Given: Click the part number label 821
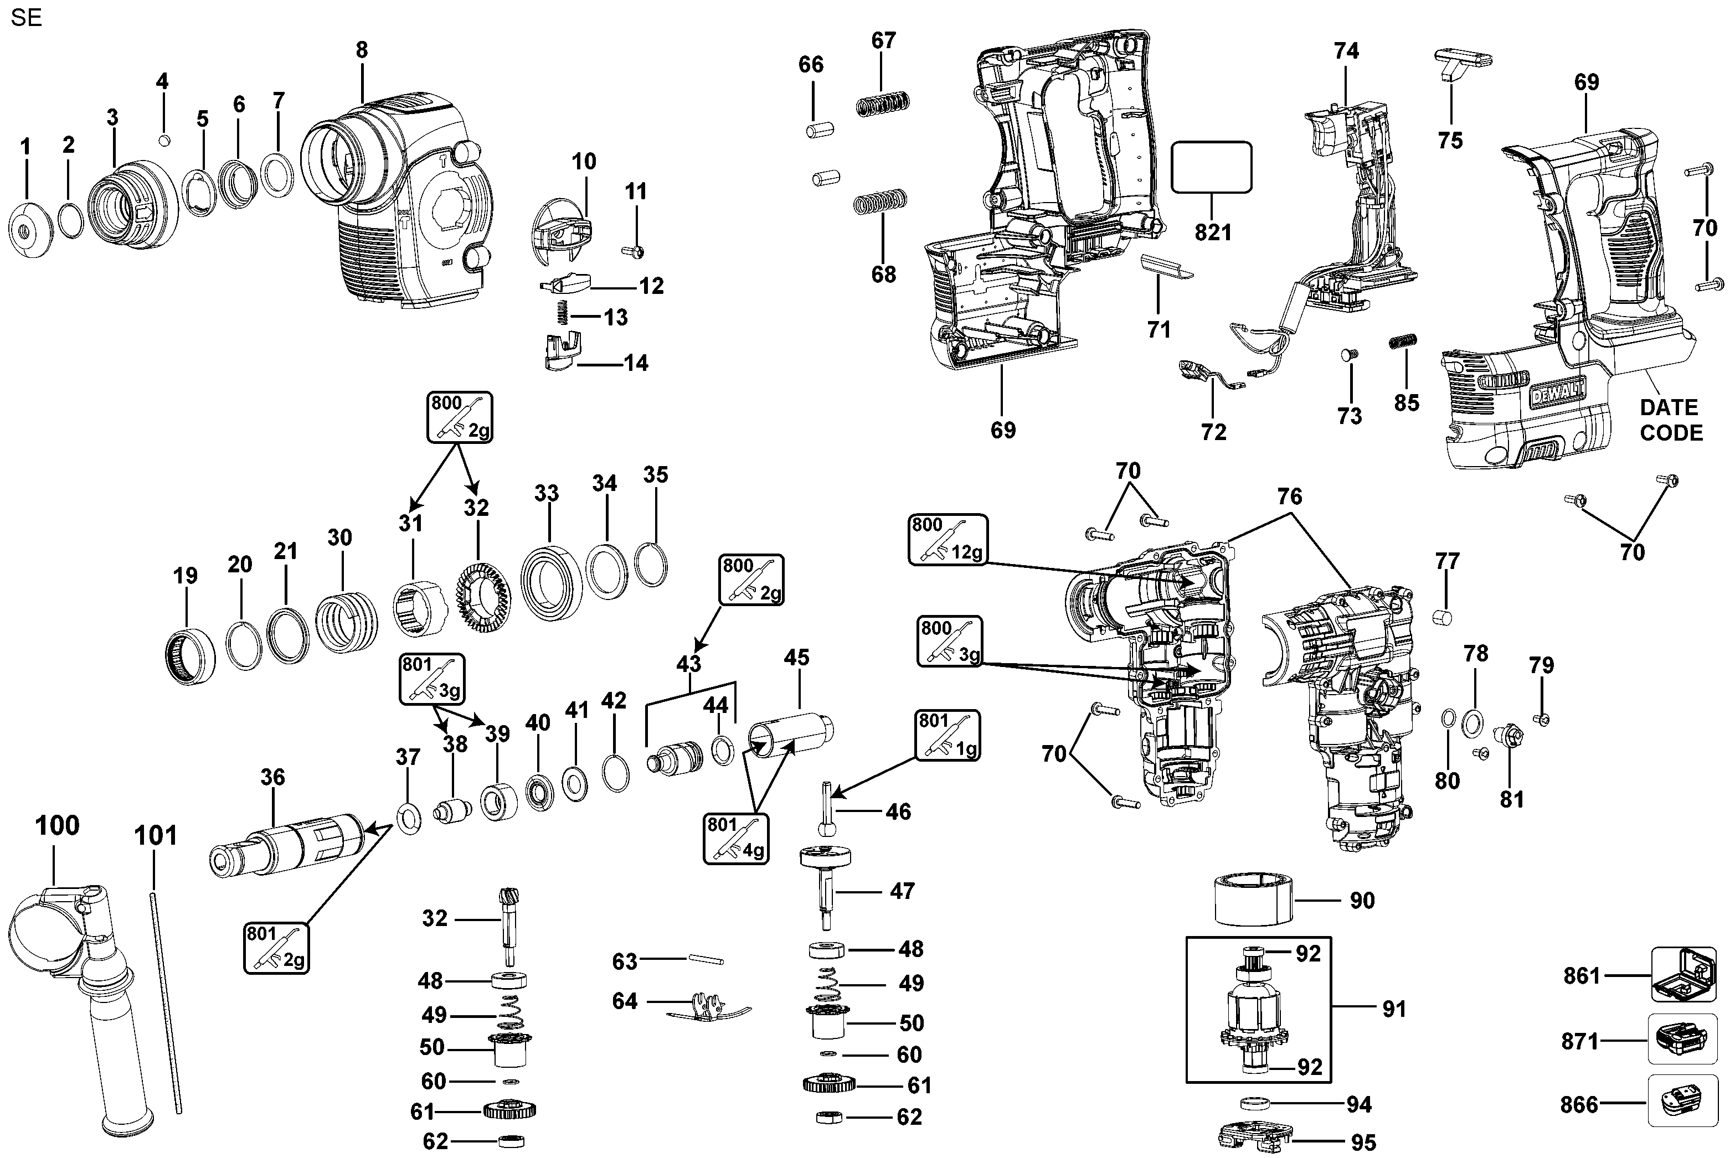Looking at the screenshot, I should tap(1213, 232).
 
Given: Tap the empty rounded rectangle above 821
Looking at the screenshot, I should tap(1212, 168).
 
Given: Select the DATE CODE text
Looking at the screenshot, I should tap(1670, 420).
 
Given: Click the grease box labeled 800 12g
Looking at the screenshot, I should tap(948, 540).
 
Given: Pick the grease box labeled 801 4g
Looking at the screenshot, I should tap(736, 838).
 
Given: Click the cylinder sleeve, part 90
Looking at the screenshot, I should tap(1254, 899).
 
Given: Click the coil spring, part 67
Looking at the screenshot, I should tap(882, 104).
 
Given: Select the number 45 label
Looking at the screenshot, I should tap(796, 657).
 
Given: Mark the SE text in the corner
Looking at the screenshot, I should tap(27, 18).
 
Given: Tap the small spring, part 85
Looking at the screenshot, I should tap(1403, 342).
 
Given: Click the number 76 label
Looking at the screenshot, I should tap(1290, 497).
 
